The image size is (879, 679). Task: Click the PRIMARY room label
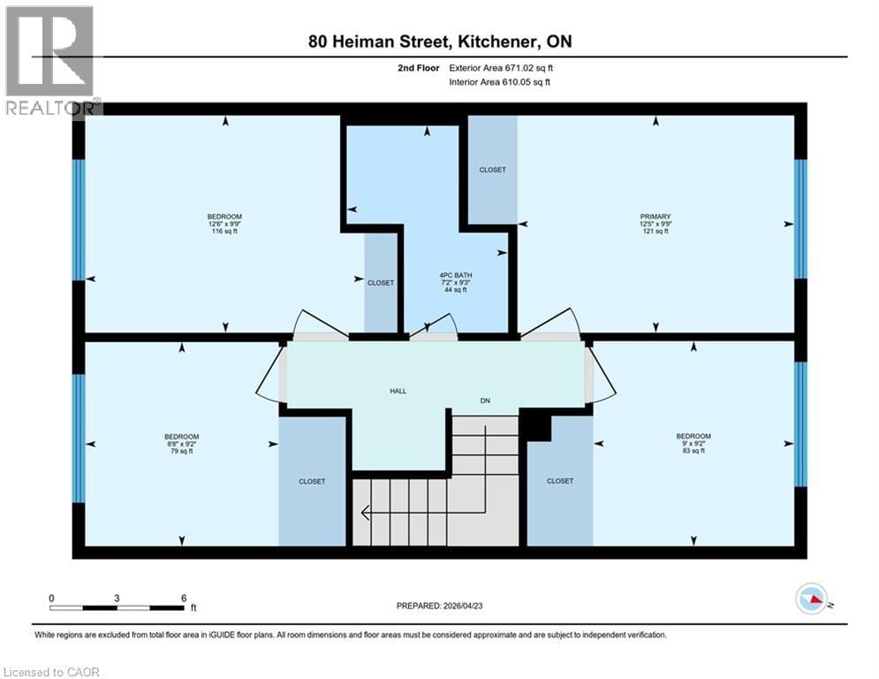tap(655, 217)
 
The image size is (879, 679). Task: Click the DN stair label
tap(485, 401)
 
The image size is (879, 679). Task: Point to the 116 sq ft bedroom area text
tap(224, 232)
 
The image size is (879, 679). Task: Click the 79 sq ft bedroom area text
tap(181, 452)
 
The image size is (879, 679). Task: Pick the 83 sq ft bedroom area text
tap(693, 452)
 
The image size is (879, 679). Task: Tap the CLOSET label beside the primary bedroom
tap(492, 170)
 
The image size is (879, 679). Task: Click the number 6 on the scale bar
tap(183, 598)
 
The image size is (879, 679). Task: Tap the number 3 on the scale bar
tap(117, 598)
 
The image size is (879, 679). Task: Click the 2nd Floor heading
tap(418, 67)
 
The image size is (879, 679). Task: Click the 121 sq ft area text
tap(655, 232)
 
